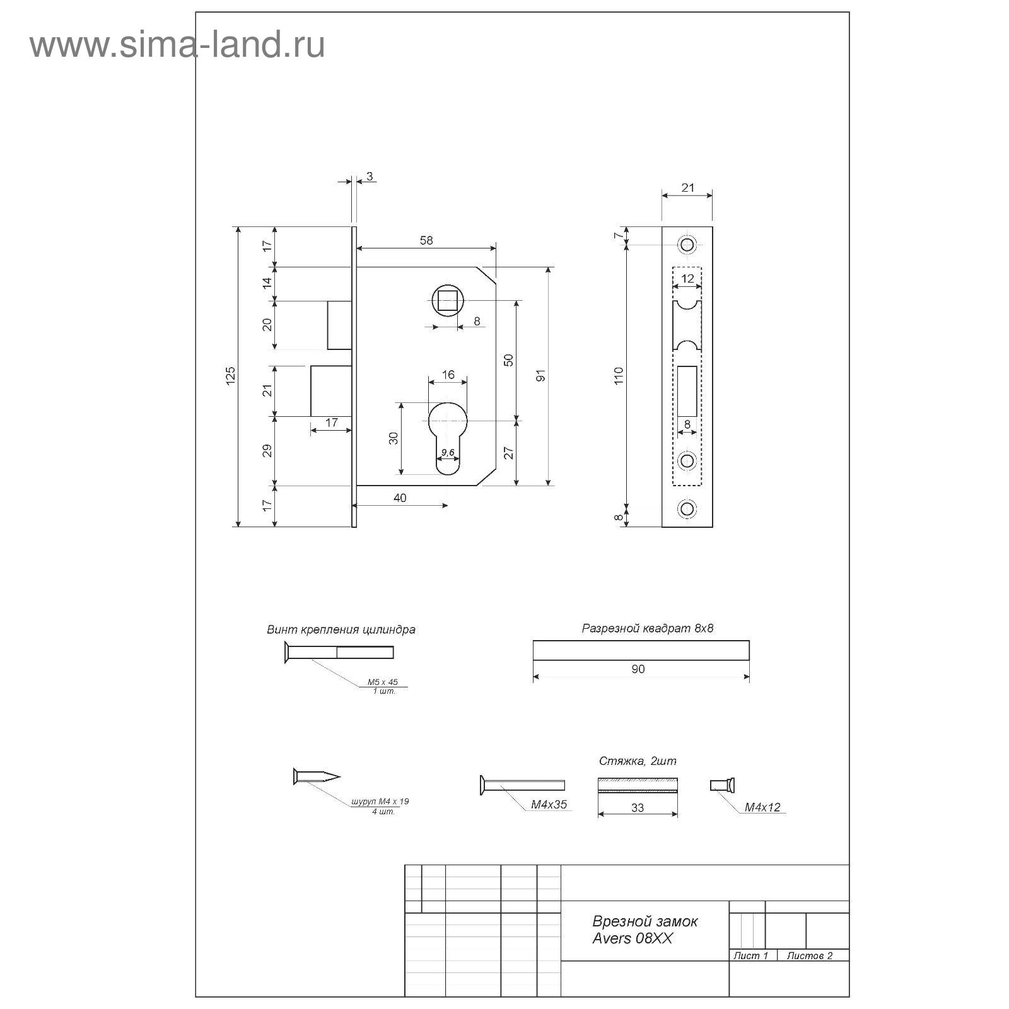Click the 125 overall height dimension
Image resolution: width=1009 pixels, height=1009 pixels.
click(x=230, y=376)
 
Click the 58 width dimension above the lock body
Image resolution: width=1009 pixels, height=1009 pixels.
click(x=426, y=240)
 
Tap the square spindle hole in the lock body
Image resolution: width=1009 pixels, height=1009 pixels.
click(x=448, y=301)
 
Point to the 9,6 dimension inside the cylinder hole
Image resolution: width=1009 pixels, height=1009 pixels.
click(x=448, y=452)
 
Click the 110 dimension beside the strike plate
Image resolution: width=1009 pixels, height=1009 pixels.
click(x=619, y=376)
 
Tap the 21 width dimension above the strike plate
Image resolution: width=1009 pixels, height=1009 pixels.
click(x=687, y=187)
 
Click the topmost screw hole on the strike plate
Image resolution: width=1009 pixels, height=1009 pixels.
click(x=687, y=244)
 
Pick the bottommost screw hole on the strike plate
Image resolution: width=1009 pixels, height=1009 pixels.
click(x=687, y=508)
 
